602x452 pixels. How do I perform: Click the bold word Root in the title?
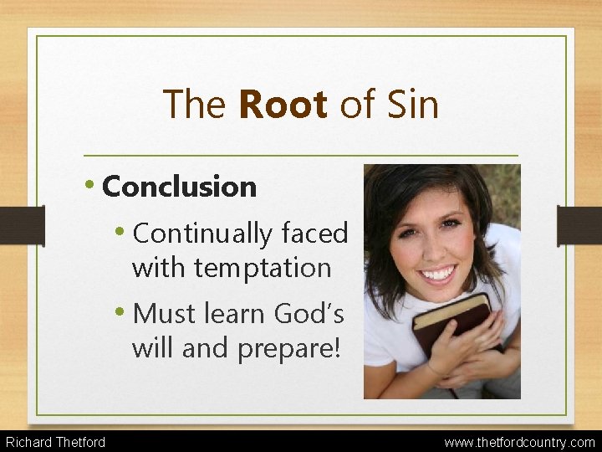283,105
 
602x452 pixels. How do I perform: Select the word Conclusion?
179,187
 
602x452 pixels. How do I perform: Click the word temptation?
263,268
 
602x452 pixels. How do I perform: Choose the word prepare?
289,347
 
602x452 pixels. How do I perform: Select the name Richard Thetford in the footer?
55,441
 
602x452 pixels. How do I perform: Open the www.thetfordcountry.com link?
519,441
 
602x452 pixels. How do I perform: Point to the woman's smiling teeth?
438,272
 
